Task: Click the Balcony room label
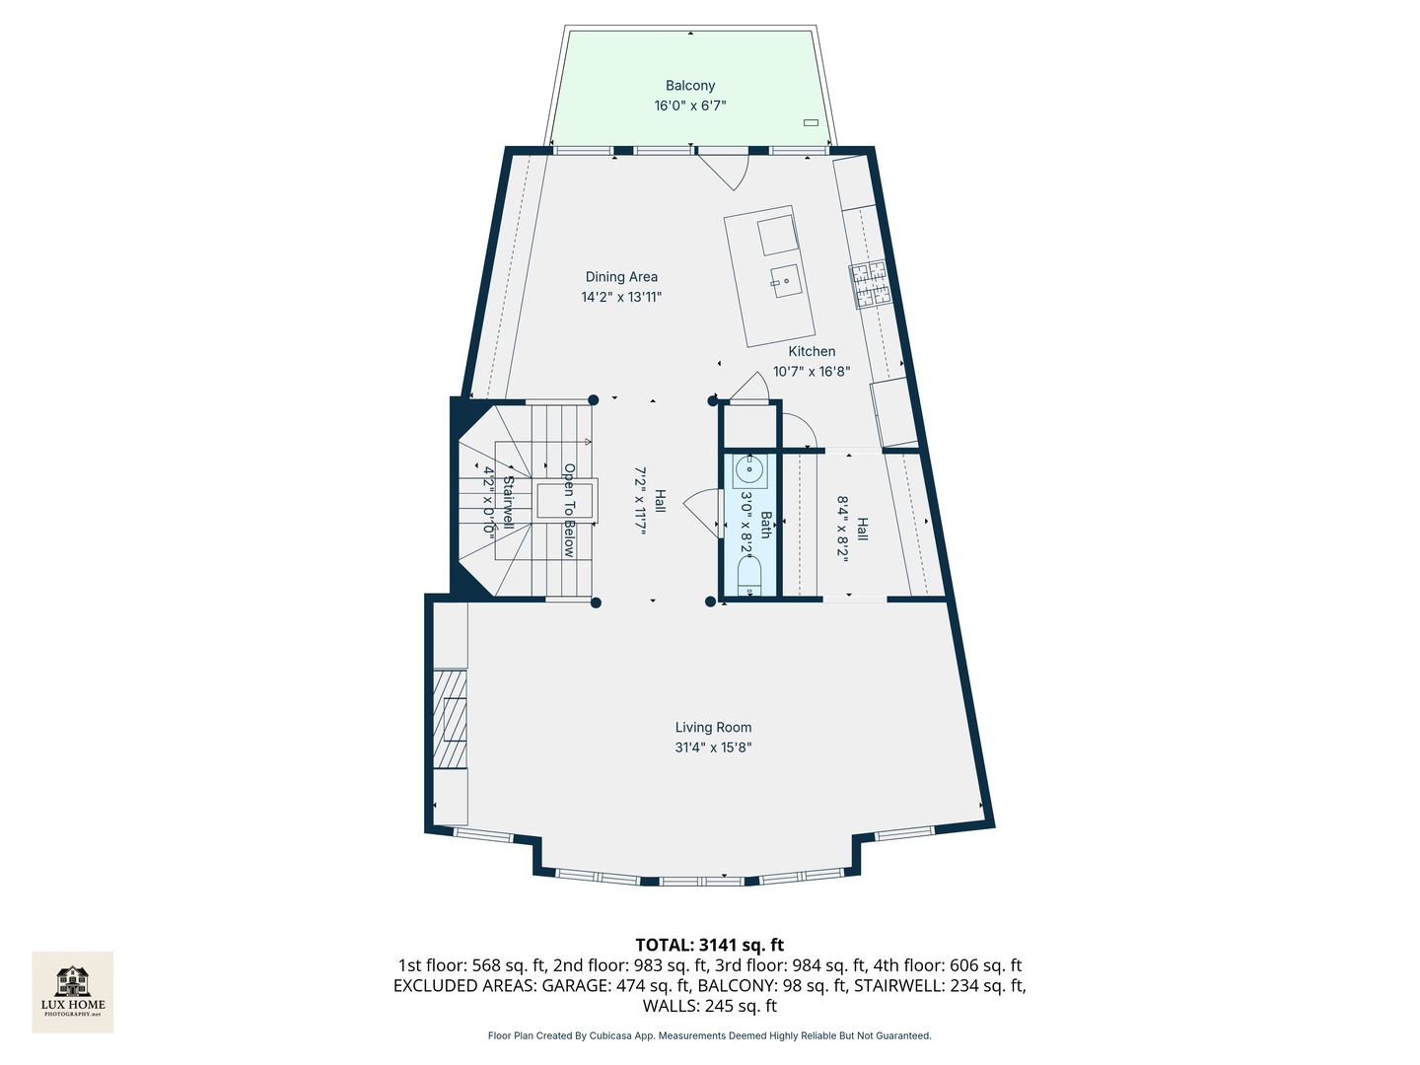tap(689, 86)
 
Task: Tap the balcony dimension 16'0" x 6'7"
tap(689, 106)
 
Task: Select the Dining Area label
tap(621, 277)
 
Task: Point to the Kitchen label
tap(812, 351)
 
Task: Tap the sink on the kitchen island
tap(786, 281)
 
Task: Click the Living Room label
tap(713, 728)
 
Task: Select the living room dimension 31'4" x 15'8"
tap(713, 747)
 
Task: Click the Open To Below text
tap(569, 510)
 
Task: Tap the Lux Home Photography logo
tap(73, 991)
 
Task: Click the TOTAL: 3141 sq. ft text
tap(709, 945)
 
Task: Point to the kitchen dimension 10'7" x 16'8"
tap(812, 372)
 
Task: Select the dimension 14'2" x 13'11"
tap(621, 297)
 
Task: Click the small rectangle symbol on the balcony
tap(811, 123)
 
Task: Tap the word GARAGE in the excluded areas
tap(576, 985)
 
